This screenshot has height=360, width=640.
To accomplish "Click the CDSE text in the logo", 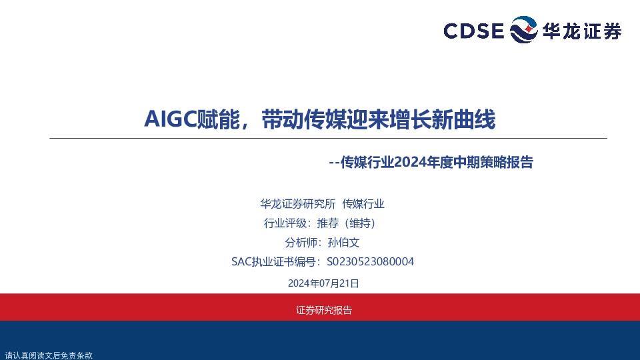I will click(x=474, y=31).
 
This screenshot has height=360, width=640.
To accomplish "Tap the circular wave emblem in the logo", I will click(x=523, y=31).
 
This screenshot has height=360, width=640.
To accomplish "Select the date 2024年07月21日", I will click(x=323, y=283).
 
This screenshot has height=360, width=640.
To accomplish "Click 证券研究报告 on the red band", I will click(x=323, y=310).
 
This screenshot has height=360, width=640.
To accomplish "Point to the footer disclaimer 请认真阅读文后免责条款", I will click(x=48, y=355).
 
